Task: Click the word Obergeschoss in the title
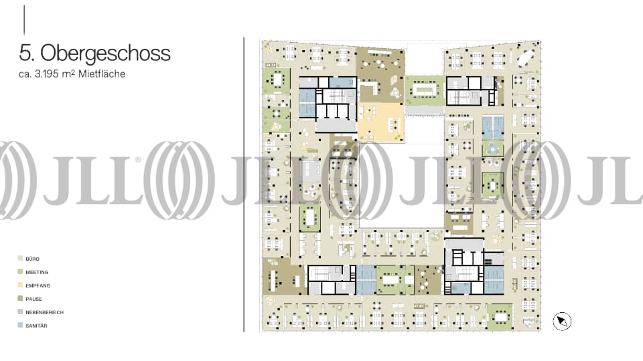click(105, 53)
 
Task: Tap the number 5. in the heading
click(26, 53)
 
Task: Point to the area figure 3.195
click(46, 74)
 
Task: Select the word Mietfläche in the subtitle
click(102, 74)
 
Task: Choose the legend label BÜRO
click(32, 259)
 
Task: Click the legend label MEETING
click(37, 272)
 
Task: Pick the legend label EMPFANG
click(38, 285)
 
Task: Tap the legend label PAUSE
click(33, 299)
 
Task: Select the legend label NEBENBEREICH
click(44, 312)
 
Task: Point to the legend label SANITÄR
click(36, 326)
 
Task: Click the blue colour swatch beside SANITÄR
click(20, 326)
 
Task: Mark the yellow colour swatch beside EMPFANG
click(20, 285)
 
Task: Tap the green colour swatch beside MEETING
click(20, 272)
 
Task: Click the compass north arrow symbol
click(562, 322)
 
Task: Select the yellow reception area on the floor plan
click(380, 122)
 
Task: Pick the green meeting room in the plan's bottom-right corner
click(500, 317)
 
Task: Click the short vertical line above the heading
click(24, 20)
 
